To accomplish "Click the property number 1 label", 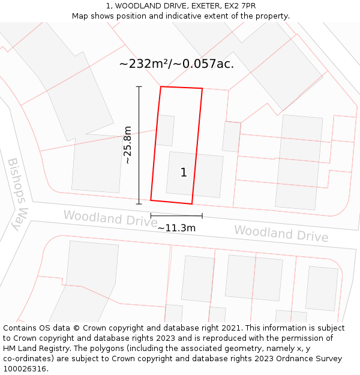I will coord(184,173).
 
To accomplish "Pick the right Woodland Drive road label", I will coord(281,233).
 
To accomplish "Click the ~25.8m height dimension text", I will coord(127,145).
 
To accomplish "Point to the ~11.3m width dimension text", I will coord(176,228).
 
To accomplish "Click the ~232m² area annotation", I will coord(176,64).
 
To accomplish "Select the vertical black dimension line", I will coord(139,145).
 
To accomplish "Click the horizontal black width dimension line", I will coord(176,215).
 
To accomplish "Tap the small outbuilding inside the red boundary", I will coord(166,130).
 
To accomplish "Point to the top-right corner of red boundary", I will coord(202,89).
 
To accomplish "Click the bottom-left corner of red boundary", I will coord(151,200).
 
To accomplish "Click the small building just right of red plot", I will coord(232,137).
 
